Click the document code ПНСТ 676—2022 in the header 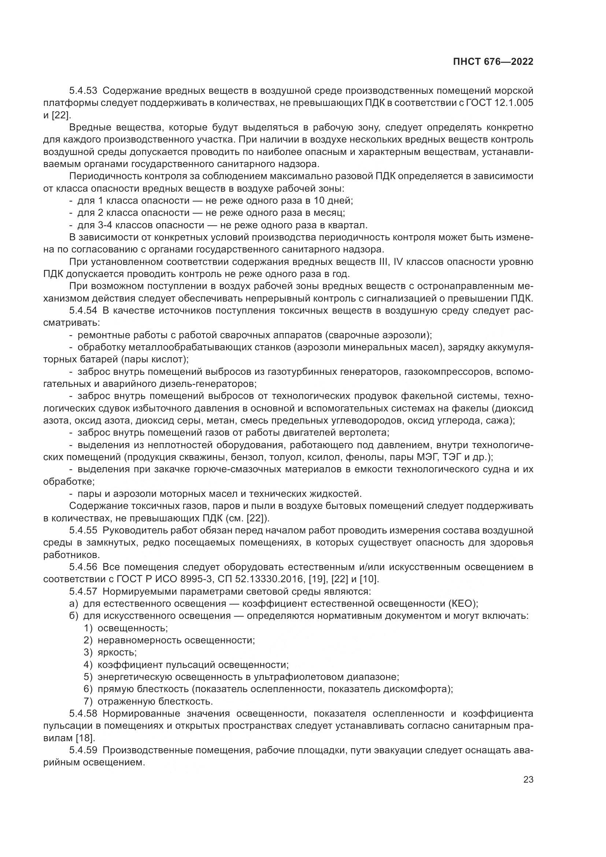click(493, 62)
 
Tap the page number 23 click(528, 779)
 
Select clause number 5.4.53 click(83, 90)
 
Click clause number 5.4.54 click(83, 311)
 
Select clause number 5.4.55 click(83, 531)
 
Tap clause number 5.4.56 click(83, 567)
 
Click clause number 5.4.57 click(83, 592)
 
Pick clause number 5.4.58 click(83, 714)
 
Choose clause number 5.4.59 click(83, 750)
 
